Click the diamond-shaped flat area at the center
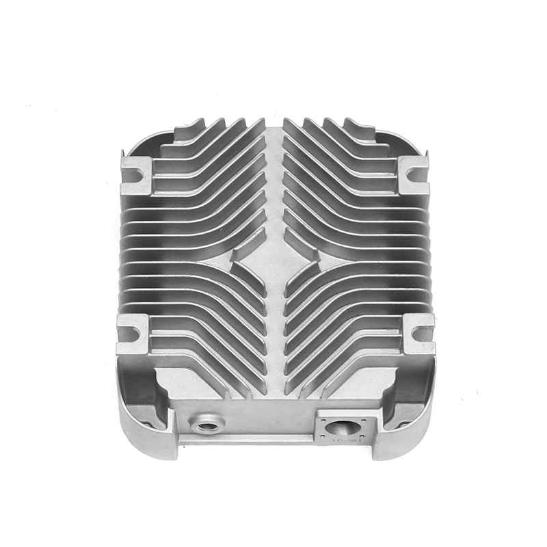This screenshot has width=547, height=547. point(274,263)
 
